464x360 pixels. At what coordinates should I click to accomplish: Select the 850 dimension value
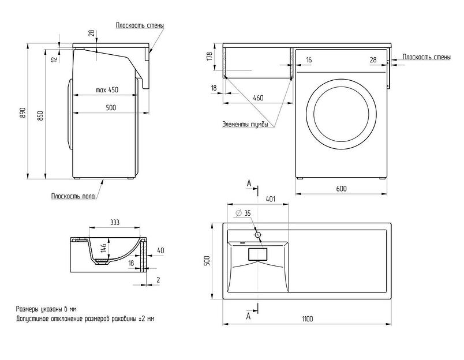pyautogui.click(x=40, y=115)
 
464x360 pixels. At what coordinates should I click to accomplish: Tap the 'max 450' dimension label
pyautogui.click(x=107, y=90)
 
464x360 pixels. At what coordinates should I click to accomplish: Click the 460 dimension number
pyautogui.click(x=258, y=98)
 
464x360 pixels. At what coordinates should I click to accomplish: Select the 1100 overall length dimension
pyautogui.click(x=306, y=319)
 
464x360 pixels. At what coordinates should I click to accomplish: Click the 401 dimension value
pyautogui.click(x=270, y=200)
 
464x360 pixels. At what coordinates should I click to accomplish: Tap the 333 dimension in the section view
pyautogui.click(x=114, y=222)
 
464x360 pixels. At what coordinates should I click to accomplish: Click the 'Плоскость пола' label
pyautogui.click(x=73, y=196)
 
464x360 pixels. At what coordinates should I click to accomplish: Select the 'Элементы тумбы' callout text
pyautogui.click(x=245, y=125)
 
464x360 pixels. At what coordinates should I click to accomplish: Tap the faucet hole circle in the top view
pyautogui.click(x=257, y=235)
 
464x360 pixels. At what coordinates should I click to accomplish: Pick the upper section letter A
pyautogui.click(x=249, y=183)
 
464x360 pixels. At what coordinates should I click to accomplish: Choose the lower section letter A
pyautogui.click(x=249, y=316)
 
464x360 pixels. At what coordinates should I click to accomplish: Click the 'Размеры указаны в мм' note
pyautogui.click(x=46, y=309)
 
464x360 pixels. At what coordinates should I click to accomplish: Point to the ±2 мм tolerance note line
pyautogui.click(x=85, y=318)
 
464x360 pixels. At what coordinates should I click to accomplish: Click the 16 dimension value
pyautogui.click(x=309, y=60)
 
